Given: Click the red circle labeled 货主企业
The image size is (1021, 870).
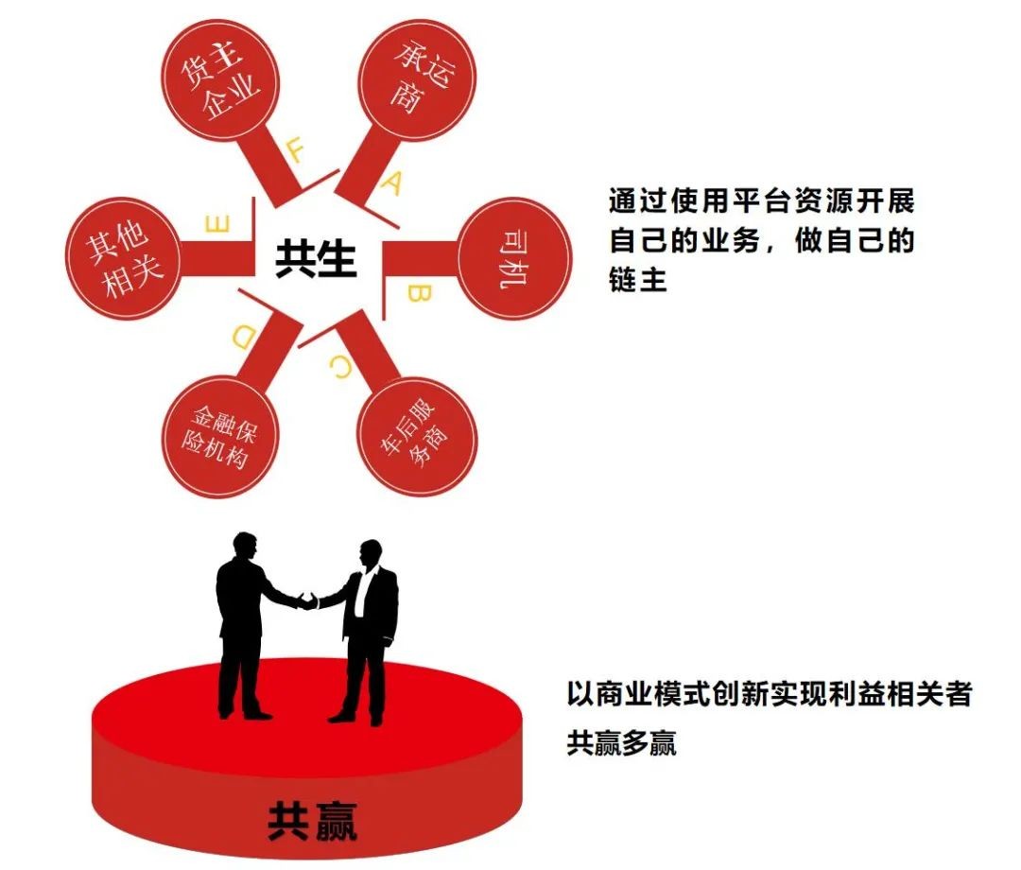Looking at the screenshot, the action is [x=218, y=79].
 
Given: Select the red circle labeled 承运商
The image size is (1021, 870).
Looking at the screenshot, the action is [x=418, y=80].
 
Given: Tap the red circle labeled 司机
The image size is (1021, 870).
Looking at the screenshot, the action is [x=514, y=258].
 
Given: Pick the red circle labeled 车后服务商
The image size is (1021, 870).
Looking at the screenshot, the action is [x=418, y=437].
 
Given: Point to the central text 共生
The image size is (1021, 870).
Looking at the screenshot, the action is [x=315, y=258].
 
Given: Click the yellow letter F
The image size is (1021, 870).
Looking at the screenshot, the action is [x=295, y=151].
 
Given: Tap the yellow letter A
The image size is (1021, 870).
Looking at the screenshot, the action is [x=392, y=183].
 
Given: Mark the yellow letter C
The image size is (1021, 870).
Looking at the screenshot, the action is [x=340, y=368].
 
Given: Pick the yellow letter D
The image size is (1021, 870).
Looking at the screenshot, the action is [x=244, y=338].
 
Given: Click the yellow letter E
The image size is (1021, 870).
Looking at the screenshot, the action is [x=217, y=224].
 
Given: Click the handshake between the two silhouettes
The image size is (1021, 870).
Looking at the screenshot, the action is [x=306, y=600].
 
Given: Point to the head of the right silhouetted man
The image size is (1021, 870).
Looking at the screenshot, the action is [x=372, y=553].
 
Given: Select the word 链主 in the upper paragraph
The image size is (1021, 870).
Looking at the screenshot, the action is [x=638, y=280].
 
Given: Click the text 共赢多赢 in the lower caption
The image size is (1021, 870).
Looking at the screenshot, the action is [x=621, y=743].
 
